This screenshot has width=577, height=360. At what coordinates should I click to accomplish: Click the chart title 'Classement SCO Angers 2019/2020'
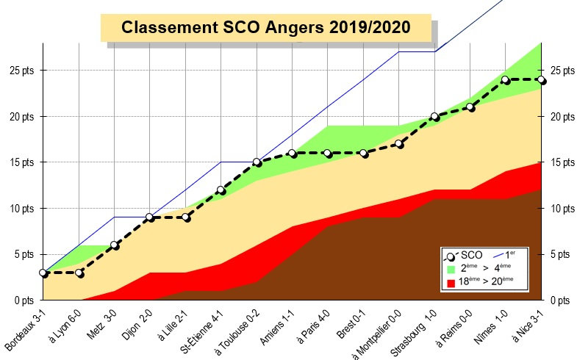tap(265, 27)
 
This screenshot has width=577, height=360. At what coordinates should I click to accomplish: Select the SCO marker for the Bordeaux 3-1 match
tap(43, 273)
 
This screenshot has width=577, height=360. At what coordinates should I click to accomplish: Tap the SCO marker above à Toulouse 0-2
tap(257, 162)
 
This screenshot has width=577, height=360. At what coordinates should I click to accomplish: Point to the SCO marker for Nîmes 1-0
tap(506, 79)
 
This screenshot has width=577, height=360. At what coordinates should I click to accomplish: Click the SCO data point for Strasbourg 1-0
tap(434, 116)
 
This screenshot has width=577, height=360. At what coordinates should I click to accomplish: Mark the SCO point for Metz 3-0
tap(115, 245)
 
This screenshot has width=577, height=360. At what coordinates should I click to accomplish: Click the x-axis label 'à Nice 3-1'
tap(525, 327)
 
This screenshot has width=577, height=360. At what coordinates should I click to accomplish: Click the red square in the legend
tap(451, 282)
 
